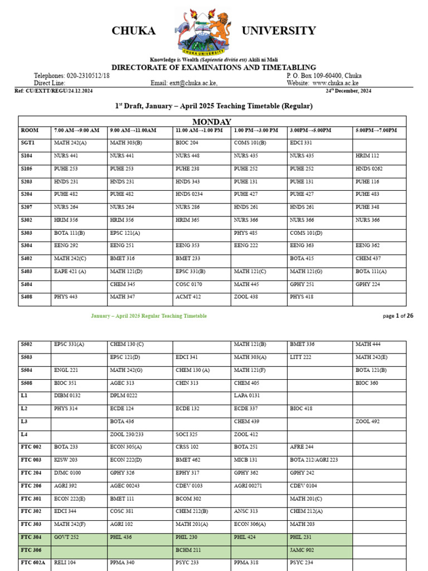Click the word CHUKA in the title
pyautogui.click(x=133, y=31)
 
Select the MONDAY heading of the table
pyautogui.click(x=212, y=122)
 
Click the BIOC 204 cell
pyautogui.click(x=187, y=143)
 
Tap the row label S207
pyautogui.click(x=27, y=207)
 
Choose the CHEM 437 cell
pyautogui.click(x=368, y=258)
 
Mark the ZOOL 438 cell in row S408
pyautogui.click(x=246, y=297)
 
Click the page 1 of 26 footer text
pyautogui.click(x=398, y=316)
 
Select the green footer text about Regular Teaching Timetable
pyautogui.click(x=149, y=316)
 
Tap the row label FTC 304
pyautogui.click(x=31, y=537)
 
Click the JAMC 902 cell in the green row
pyautogui.click(x=302, y=550)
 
